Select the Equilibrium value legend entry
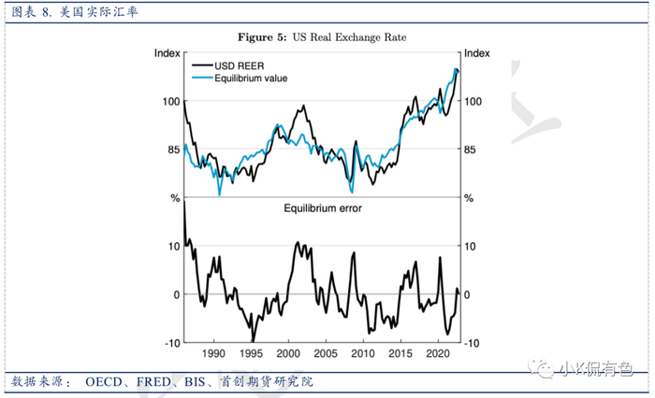[x=250, y=78]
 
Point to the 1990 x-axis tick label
[x=214, y=355]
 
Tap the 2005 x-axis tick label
[x=325, y=355]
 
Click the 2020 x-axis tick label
[x=437, y=355]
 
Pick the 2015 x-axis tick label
[x=400, y=355]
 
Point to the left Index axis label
[x=167, y=53]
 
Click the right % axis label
[x=470, y=198]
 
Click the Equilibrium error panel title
[x=323, y=208]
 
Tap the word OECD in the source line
[x=105, y=383]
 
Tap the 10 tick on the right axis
[x=471, y=247]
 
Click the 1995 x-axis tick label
[x=251, y=355]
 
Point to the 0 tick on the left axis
[x=173, y=295]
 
